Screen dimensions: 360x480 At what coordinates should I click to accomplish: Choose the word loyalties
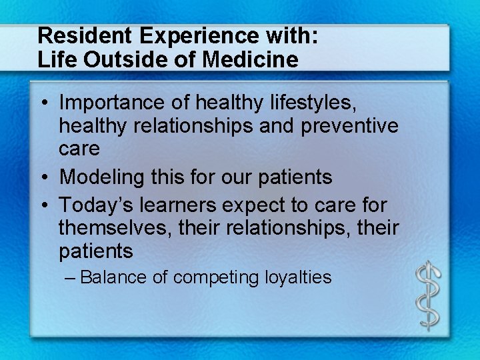(297, 277)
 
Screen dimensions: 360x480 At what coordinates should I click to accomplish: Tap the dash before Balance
(72, 277)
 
